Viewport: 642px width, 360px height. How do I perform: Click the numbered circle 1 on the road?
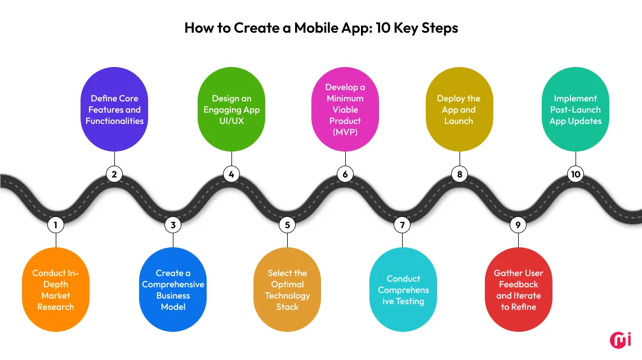(55, 225)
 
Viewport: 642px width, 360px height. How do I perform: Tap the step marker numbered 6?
(345, 174)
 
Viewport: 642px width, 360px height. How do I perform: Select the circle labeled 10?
(575, 174)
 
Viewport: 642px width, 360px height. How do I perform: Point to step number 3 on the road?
(173, 225)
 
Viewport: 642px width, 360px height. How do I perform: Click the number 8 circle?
(460, 174)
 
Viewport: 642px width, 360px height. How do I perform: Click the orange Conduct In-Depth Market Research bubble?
(56, 290)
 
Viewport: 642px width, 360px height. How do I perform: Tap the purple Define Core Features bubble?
(114, 109)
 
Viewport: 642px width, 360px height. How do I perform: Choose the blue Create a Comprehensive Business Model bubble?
(173, 290)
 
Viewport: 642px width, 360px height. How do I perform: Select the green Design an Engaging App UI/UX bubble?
(231, 109)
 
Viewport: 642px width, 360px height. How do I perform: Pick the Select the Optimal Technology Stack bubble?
(287, 290)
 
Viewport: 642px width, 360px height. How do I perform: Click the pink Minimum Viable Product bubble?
(345, 109)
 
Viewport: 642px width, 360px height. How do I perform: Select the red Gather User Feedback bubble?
(518, 290)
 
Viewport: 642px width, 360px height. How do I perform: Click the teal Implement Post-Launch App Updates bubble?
(576, 109)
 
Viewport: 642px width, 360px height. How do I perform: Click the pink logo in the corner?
(620, 340)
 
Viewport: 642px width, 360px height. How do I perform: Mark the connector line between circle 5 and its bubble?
(287, 239)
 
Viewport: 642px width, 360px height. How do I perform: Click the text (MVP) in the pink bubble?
(345, 132)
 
